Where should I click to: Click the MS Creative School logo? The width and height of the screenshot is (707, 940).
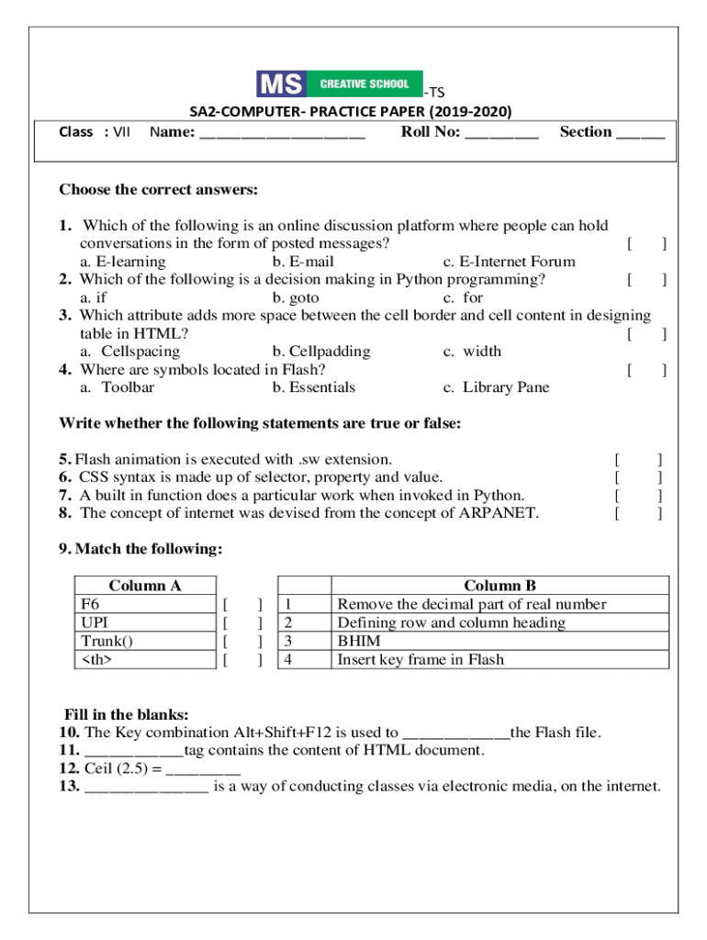tap(339, 84)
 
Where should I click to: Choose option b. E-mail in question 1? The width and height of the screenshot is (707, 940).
tap(303, 262)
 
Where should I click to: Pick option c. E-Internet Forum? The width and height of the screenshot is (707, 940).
tap(509, 262)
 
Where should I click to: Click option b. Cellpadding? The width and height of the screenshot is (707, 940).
tap(321, 352)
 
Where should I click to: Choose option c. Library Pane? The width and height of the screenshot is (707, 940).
tap(496, 387)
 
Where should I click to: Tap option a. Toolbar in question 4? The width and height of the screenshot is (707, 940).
tap(117, 387)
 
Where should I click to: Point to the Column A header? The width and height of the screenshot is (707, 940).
tap(145, 586)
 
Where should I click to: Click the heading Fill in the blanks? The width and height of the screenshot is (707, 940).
tap(126, 714)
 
